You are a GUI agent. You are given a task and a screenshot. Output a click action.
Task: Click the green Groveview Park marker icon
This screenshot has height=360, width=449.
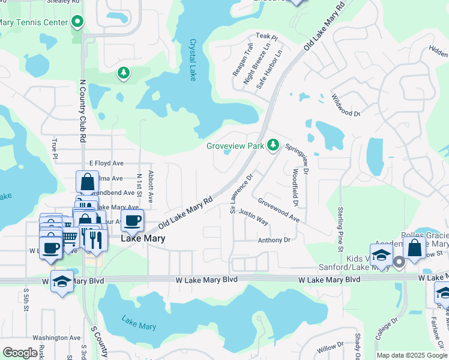tap(273, 145)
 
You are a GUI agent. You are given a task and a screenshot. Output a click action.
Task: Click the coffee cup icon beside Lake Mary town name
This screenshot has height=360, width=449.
tap(132, 220)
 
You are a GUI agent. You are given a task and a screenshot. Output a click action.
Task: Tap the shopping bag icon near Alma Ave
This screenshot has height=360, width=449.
tap(87, 181)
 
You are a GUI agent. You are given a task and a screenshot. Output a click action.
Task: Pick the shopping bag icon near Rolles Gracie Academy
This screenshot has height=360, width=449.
tap(414, 247)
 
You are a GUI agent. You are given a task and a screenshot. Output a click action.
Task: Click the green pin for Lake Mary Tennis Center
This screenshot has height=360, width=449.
tap(77, 23)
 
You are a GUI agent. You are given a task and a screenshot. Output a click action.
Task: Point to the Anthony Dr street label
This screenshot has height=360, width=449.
tap(274, 240)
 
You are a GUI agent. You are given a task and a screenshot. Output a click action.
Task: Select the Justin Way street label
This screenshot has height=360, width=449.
tap(253, 217)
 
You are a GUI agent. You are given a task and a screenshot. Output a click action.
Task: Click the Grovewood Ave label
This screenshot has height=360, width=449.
tap(279, 210)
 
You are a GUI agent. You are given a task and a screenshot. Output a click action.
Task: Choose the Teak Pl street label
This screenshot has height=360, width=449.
tap(267, 37)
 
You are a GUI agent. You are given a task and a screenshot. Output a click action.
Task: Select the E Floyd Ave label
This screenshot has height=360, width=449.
tap(106, 163)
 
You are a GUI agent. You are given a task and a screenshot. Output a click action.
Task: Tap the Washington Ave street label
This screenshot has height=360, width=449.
tap(56, 338)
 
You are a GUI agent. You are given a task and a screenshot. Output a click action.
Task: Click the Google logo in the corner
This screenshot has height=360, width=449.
tap(20, 353)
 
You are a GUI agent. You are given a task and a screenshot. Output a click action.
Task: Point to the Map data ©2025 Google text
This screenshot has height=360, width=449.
tap(412, 355)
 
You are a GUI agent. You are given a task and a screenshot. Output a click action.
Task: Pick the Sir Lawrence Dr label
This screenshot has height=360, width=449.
tap(242, 194)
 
